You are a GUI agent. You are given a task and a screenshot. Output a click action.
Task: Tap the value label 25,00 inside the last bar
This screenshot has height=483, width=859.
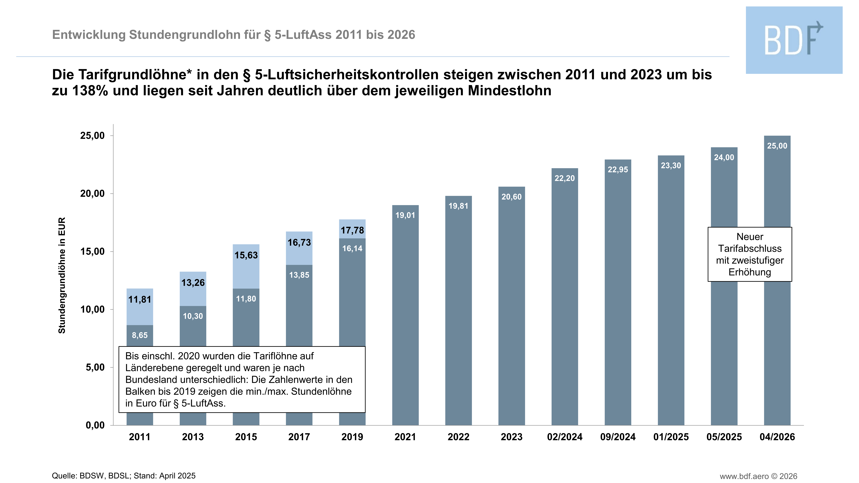[x=777, y=146]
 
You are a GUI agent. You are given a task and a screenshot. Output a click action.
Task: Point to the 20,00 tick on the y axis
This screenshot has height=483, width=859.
[x=92, y=194]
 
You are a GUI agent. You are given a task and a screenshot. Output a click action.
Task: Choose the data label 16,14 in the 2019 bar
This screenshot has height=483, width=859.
[x=352, y=248]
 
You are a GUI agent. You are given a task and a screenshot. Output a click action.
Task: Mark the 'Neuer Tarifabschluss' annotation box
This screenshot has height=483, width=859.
[x=750, y=254]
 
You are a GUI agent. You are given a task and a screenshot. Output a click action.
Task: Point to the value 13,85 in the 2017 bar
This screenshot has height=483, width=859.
[x=299, y=275]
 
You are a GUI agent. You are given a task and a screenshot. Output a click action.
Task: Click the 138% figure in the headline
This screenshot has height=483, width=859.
[x=90, y=91]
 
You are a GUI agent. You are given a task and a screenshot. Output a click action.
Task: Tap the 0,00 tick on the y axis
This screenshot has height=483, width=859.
[x=95, y=425]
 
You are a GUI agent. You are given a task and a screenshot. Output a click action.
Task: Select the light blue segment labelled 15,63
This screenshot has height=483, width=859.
[x=246, y=267]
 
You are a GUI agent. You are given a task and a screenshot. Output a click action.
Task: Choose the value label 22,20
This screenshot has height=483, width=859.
[x=565, y=178]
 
